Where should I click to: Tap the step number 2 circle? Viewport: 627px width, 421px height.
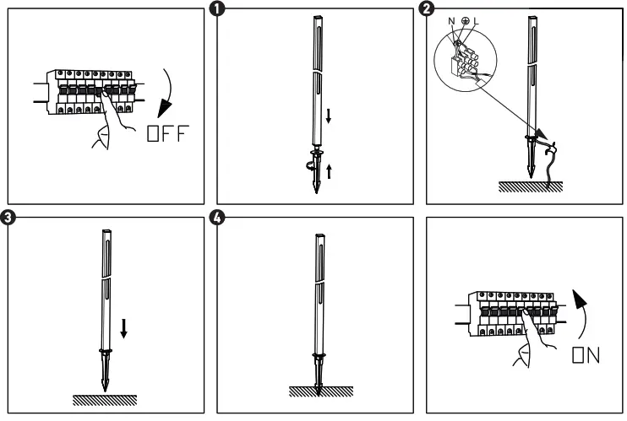[x=427, y=8]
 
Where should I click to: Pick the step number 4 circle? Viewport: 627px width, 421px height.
[x=217, y=218]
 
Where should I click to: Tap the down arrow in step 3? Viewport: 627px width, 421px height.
[x=124, y=327]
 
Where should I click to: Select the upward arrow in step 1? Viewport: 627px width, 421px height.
[x=329, y=172]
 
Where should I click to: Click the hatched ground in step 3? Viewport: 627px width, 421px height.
[x=105, y=398]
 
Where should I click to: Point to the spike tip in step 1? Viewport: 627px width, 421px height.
[x=316, y=192]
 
